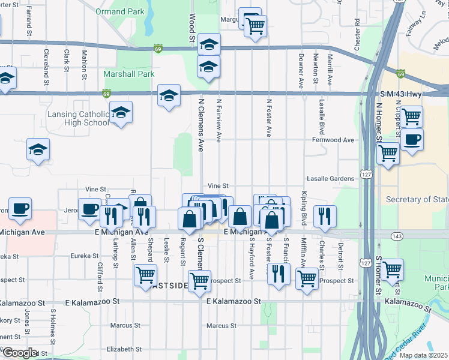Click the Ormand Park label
tap(119, 11)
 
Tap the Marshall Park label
tap(129, 74)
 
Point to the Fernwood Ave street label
tap(333, 140)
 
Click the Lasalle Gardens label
tap(331, 179)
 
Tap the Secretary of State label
tap(417, 199)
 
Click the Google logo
tap(20, 352)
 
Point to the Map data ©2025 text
tap(423, 355)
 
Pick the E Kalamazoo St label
tap(235, 301)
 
